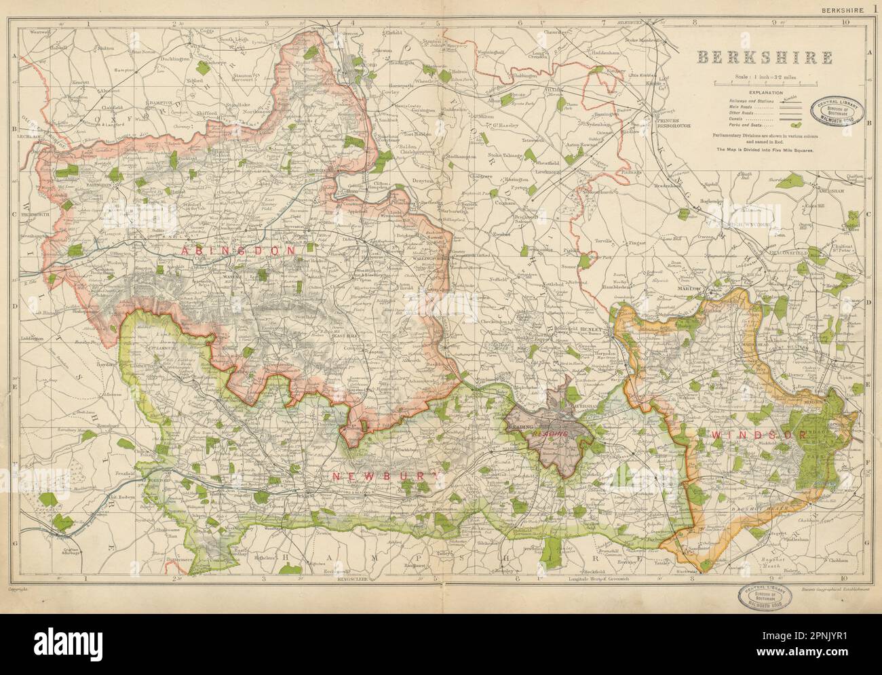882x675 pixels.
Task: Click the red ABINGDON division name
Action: [238, 250]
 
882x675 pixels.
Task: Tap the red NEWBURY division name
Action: [380, 477]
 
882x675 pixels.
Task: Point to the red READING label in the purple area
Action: [548, 433]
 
